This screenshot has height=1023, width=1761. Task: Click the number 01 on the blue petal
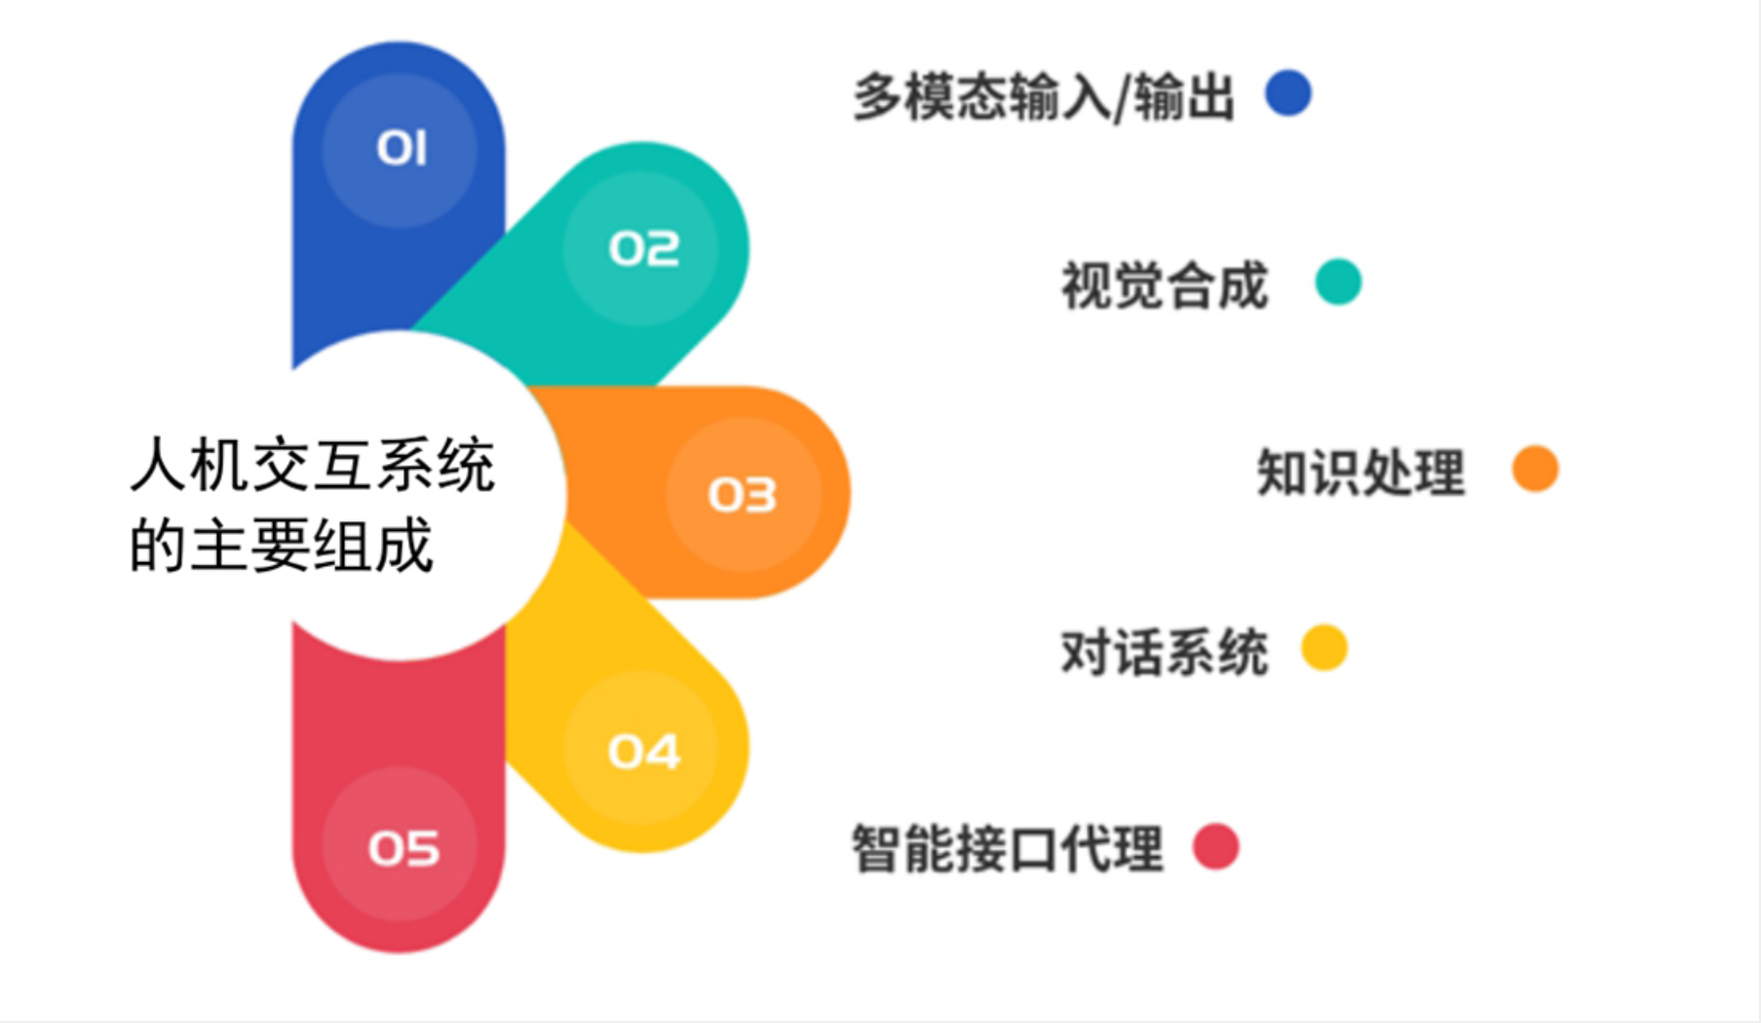point(402,149)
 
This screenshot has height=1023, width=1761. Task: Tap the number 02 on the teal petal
point(643,249)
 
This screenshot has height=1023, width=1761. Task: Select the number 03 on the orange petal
point(742,495)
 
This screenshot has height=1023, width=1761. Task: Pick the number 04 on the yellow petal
point(643,751)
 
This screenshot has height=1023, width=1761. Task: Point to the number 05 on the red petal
point(403,848)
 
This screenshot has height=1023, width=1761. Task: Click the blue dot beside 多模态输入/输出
point(1287,94)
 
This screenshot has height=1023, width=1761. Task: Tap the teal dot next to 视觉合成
point(1338,282)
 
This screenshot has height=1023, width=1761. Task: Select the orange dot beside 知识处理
point(1535,469)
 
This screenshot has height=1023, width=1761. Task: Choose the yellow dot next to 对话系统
point(1324,648)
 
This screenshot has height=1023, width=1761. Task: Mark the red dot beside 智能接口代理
point(1215,846)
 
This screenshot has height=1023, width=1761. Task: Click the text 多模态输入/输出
point(1044,98)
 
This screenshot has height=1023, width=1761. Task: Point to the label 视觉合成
point(1165,285)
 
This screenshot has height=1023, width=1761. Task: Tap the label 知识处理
point(1360,473)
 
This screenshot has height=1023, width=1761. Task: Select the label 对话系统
point(1165,652)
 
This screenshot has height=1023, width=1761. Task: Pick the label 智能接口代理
point(1008,849)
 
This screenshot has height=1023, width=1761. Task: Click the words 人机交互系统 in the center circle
point(313,466)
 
